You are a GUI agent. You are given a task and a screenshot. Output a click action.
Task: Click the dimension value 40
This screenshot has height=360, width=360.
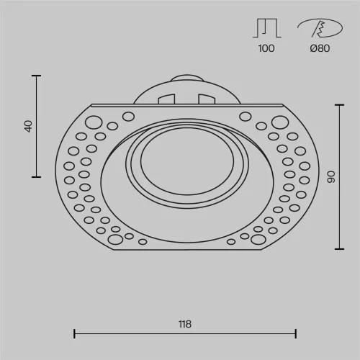pyautogui.click(x=28, y=125)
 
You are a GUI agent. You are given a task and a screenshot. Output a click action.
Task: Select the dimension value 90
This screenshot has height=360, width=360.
pyautogui.click(x=330, y=177)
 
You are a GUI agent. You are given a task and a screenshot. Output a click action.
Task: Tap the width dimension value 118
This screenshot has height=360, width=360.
pyautogui.click(x=185, y=324)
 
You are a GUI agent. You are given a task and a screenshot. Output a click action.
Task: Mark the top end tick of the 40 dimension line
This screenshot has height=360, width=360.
pyautogui.click(x=37, y=75)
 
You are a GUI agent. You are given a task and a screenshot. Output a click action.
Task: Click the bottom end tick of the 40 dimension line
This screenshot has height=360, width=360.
pyautogui.click(x=37, y=176)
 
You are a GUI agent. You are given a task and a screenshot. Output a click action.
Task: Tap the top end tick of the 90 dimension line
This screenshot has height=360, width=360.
pyautogui.click(x=340, y=105)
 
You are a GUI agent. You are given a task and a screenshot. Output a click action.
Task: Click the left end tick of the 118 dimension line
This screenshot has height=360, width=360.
pyautogui.click(x=75, y=333)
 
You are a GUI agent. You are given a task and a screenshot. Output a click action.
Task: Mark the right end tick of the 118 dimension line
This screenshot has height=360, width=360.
pyautogui.click(x=296, y=333)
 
